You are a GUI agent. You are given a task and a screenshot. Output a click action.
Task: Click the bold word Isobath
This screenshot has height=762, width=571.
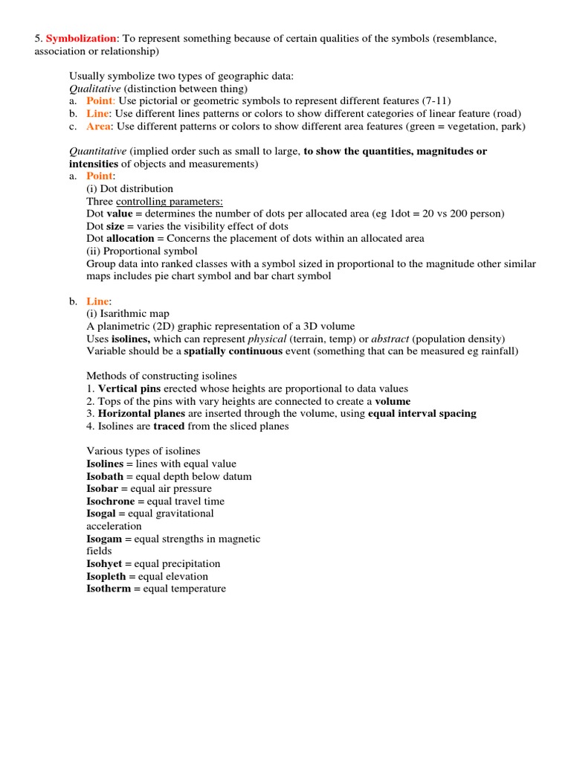[x=106, y=476]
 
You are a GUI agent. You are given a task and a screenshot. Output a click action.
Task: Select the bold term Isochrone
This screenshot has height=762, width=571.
[x=112, y=502]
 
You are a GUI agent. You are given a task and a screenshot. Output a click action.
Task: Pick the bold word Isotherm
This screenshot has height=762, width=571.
[x=109, y=589]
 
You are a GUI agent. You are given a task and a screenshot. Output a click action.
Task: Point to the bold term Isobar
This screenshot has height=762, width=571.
[x=103, y=489]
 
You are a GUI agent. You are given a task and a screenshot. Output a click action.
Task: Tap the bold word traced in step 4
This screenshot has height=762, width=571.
[x=168, y=426]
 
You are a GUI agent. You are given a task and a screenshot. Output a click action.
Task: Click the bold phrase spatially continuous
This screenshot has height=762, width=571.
[x=233, y=351]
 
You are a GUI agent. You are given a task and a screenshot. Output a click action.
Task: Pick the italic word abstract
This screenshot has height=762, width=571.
[x=391, y=339]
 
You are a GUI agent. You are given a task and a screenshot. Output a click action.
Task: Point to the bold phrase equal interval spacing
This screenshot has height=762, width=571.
[x=422, y=414]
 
